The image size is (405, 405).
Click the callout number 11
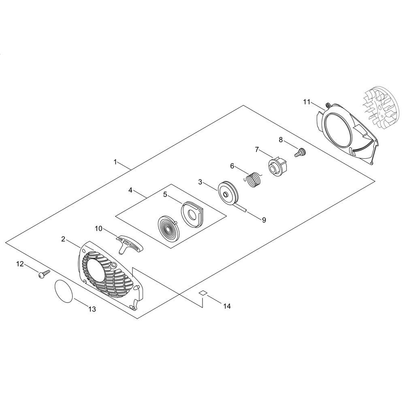tap(307, 102)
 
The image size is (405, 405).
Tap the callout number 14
tap(227, 306)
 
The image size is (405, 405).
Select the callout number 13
tap(92, 309)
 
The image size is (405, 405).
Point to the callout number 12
tap(20, 264)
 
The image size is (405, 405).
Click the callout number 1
tap(115, 162)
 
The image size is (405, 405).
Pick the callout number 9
tap(264, 220)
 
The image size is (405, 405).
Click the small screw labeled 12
tap(44, 274)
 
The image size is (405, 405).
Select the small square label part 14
tap(203, 293)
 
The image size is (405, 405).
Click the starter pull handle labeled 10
tap(130, 244)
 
